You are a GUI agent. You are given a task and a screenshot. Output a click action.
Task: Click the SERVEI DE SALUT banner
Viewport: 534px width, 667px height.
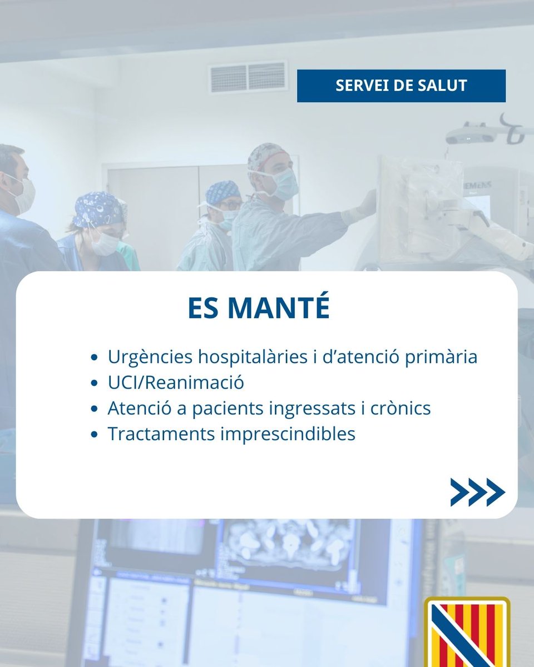click(x=401, y=86)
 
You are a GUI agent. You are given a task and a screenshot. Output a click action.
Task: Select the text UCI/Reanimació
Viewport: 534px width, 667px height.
click(x=176, y=382)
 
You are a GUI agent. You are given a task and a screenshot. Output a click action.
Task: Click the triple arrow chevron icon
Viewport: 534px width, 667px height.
click(x=477, y=492)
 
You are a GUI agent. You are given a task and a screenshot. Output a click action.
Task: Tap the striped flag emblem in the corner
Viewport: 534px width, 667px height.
click(x=467, y=634)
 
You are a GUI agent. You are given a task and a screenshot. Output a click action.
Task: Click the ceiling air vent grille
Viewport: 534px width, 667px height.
click(x=248, y=77)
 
